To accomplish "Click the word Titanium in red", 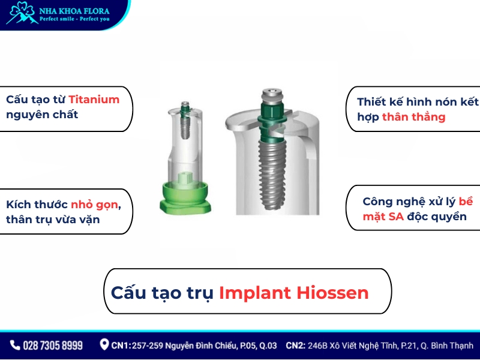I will pos(94,100).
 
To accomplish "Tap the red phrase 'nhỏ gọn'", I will pos(94,204).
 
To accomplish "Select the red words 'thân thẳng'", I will pos(414,117).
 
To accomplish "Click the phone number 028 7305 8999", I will pos(53,346).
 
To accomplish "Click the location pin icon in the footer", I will pos(104,345).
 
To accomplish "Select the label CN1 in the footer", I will pos(122,346).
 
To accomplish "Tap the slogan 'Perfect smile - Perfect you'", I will pos(74,19).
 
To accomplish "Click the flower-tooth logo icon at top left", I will pos(20,13).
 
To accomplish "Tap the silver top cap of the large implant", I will pos(272,96).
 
